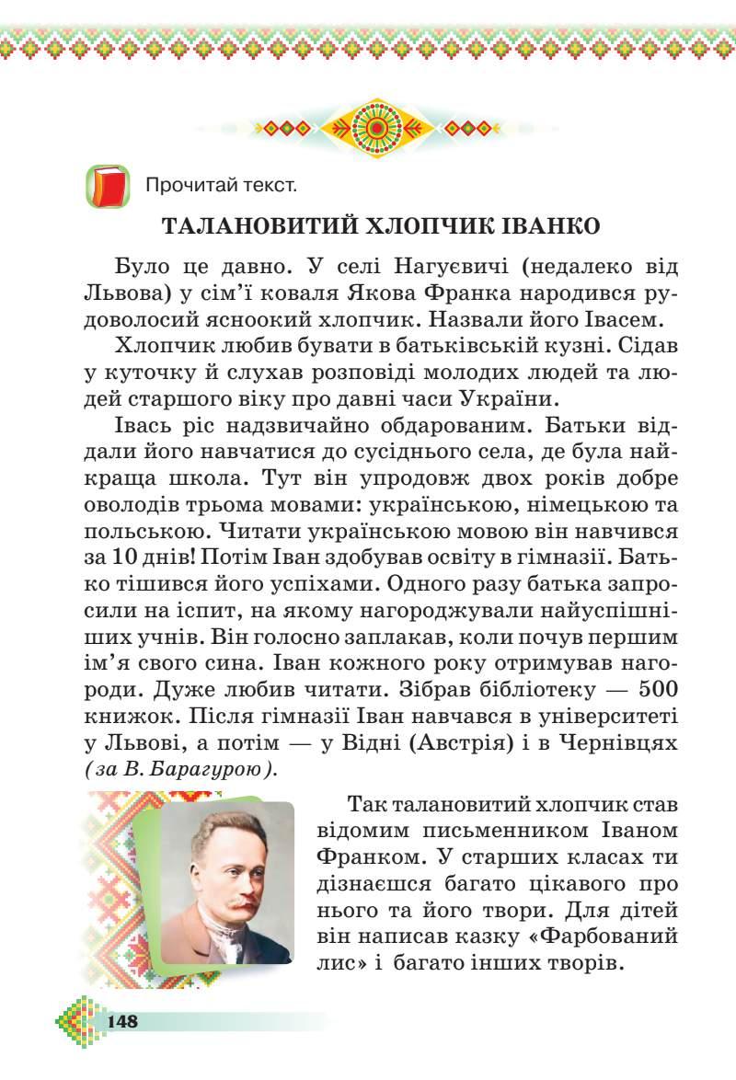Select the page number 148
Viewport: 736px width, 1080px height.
click(122, 1021)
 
